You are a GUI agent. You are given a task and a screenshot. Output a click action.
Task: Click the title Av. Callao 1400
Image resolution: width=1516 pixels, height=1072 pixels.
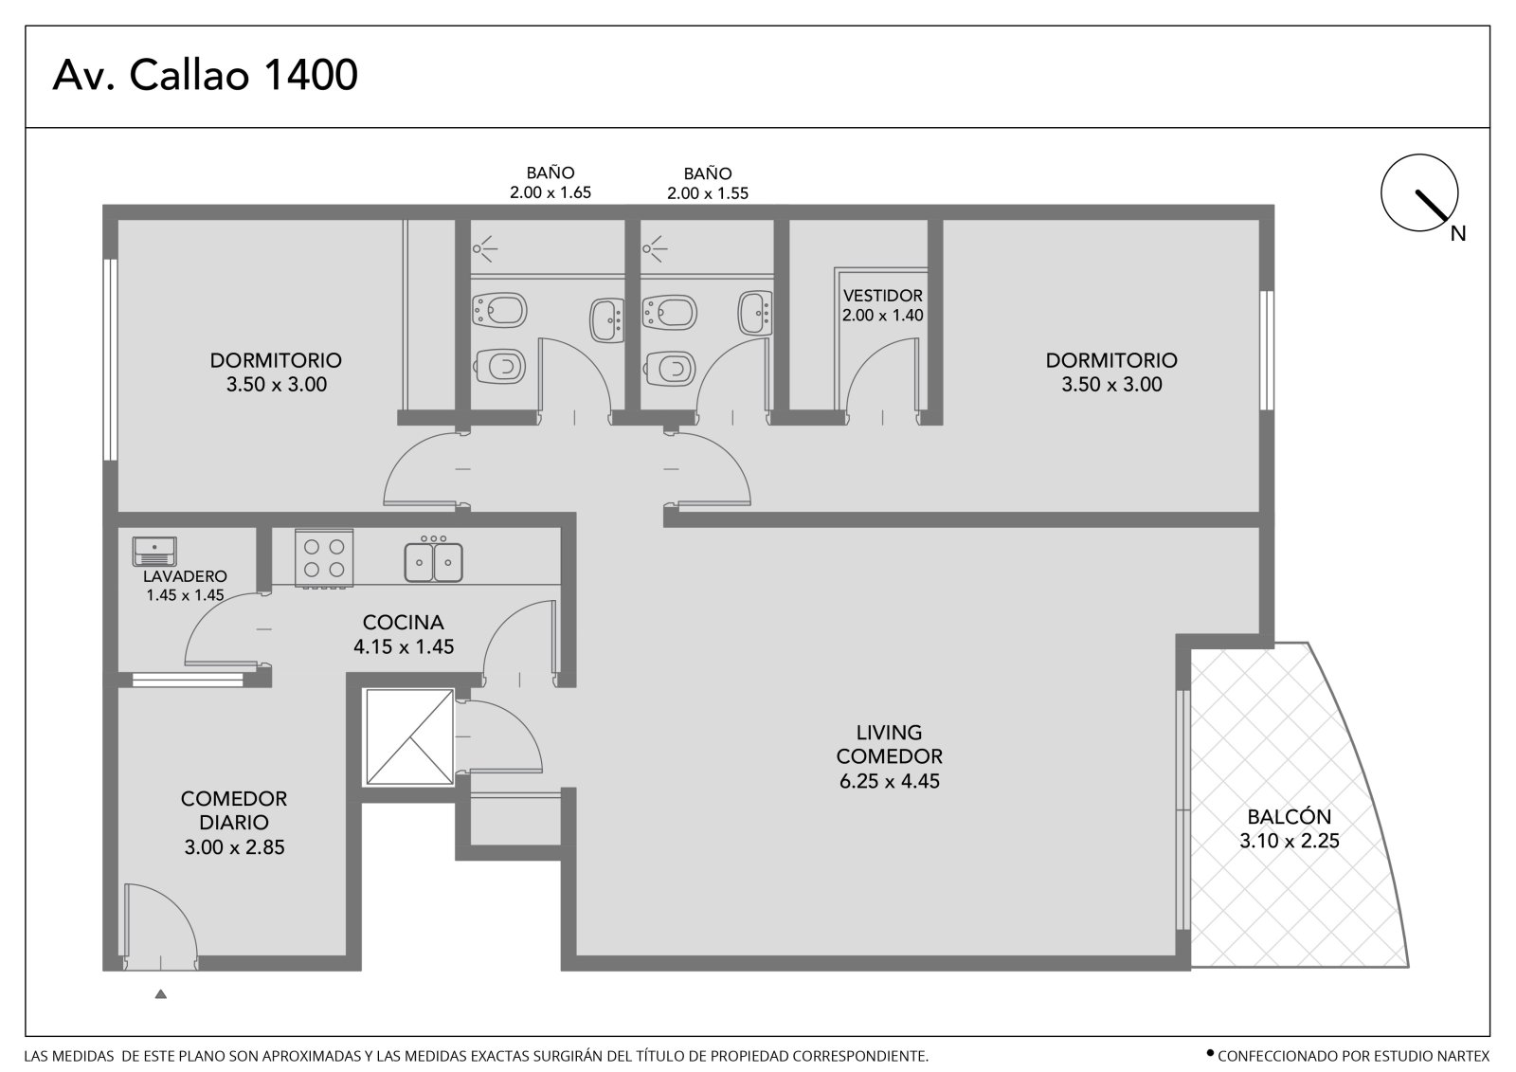(x=205, y=75)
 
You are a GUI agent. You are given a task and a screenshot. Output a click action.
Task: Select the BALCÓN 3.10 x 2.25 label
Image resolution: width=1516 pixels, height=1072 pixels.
(x=1289, y=828)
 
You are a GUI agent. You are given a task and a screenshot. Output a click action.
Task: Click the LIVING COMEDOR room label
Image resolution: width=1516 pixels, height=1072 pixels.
(x=889, y=744)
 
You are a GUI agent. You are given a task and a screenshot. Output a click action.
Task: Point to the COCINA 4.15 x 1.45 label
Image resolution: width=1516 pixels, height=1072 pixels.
(x=404, y=634)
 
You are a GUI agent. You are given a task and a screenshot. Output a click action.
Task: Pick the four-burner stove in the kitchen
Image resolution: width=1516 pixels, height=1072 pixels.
(x=324, y=558)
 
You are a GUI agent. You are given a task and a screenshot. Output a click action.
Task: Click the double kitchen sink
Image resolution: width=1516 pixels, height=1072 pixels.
(x=433, y=561)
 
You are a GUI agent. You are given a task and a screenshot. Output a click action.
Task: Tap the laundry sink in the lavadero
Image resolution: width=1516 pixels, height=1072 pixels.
(x=154, y=552)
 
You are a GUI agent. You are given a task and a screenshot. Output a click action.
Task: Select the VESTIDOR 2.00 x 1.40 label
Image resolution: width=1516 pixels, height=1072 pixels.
(x=882, y=305)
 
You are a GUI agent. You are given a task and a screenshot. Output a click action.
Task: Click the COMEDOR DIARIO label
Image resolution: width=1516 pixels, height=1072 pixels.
(x=233, y=810)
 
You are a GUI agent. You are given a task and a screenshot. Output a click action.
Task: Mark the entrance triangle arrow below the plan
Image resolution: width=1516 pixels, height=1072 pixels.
(x=160, y=994)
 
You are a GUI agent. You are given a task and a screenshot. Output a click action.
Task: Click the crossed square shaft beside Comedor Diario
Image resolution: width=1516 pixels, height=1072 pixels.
(x=409, y=737)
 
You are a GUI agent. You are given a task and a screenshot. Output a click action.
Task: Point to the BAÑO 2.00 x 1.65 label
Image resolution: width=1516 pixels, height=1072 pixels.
(x=550, y=183)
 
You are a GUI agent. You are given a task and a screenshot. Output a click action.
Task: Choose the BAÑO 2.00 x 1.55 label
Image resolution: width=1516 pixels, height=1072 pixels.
(x=707, y=183)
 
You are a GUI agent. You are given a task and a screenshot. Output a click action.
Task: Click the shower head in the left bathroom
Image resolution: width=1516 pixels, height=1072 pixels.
(x=483, y=248)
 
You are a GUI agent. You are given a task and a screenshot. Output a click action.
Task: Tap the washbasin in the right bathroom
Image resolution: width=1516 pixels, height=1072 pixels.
(x=754, y=313)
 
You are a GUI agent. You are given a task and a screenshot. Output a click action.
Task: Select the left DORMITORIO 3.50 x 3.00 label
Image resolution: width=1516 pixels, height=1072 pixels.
(x=276, y=372)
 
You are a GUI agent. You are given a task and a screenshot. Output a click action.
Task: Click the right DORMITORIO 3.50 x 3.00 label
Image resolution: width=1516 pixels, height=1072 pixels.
(x=1111, y=372)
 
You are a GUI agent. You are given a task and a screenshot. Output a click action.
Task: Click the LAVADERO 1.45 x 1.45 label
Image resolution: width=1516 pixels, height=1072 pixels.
(x=185, y=586)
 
